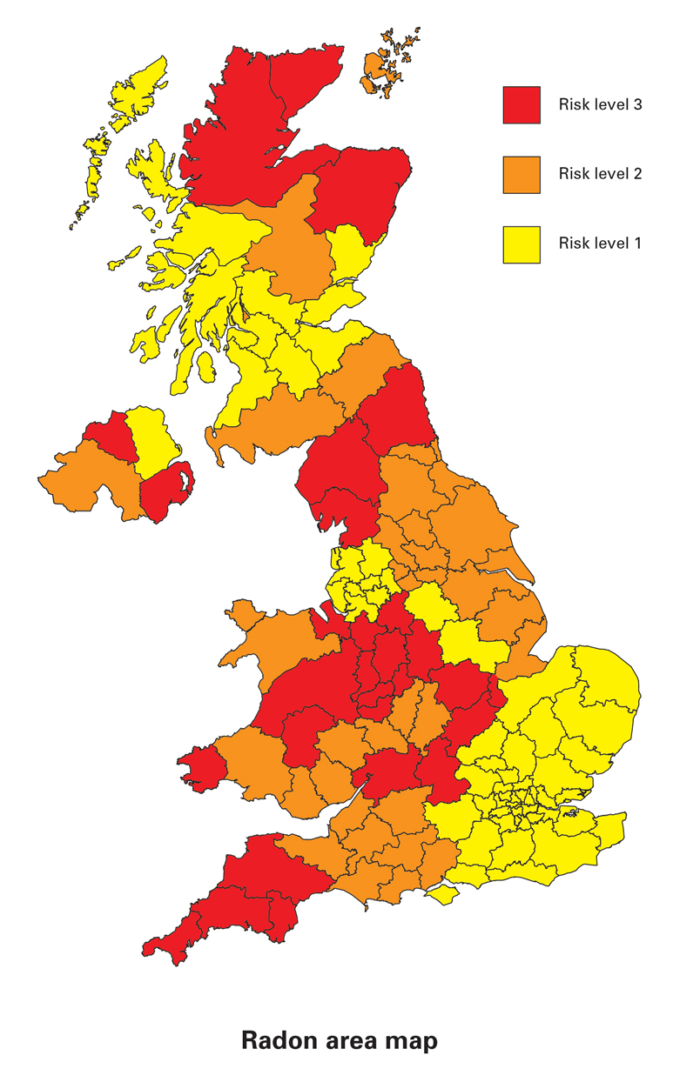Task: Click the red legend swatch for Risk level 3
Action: point(522,105)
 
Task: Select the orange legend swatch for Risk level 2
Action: point(522,174)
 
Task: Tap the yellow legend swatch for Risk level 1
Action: point(522,244)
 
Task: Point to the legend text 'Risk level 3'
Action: point(600,105)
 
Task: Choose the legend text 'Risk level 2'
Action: point(600,174)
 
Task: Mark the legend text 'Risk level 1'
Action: point(600,244)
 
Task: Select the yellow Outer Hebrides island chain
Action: point(131,96)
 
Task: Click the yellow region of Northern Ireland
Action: point(150,439)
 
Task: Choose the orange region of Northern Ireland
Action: point(87,478)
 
